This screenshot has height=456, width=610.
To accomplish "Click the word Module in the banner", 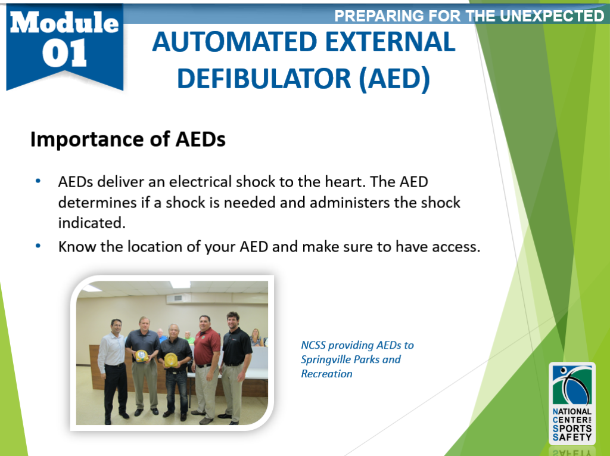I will (x=64, y=22).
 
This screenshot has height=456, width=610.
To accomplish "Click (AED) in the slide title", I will (x=394, y=79).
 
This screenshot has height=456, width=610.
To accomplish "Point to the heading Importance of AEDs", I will (x=128, y=139).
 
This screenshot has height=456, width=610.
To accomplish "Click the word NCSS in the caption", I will (x=313, y=345).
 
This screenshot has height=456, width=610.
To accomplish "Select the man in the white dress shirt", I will (x=113, y=358).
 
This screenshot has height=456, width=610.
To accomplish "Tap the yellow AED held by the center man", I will (x=170, y=359).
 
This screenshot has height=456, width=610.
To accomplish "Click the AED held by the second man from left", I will (x=142, y=356).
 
